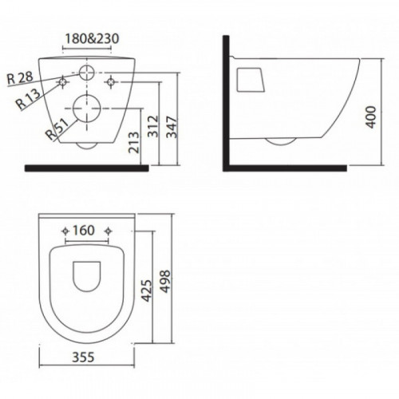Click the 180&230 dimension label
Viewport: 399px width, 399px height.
(x=92, y=39)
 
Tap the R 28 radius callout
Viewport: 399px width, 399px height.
(x=20, y=78)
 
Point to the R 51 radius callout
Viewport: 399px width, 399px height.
(x=57, y=129)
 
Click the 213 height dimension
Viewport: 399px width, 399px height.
(x=134, y=142)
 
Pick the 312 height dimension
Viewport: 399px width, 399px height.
(x=153, y=126)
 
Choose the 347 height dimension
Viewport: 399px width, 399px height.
(x=172, y=127)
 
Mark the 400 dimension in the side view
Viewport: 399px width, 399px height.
(x=371, y=117)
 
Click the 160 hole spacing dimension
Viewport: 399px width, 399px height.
(x=84, y=231)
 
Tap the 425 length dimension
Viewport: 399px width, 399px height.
(x=147, y=290)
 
